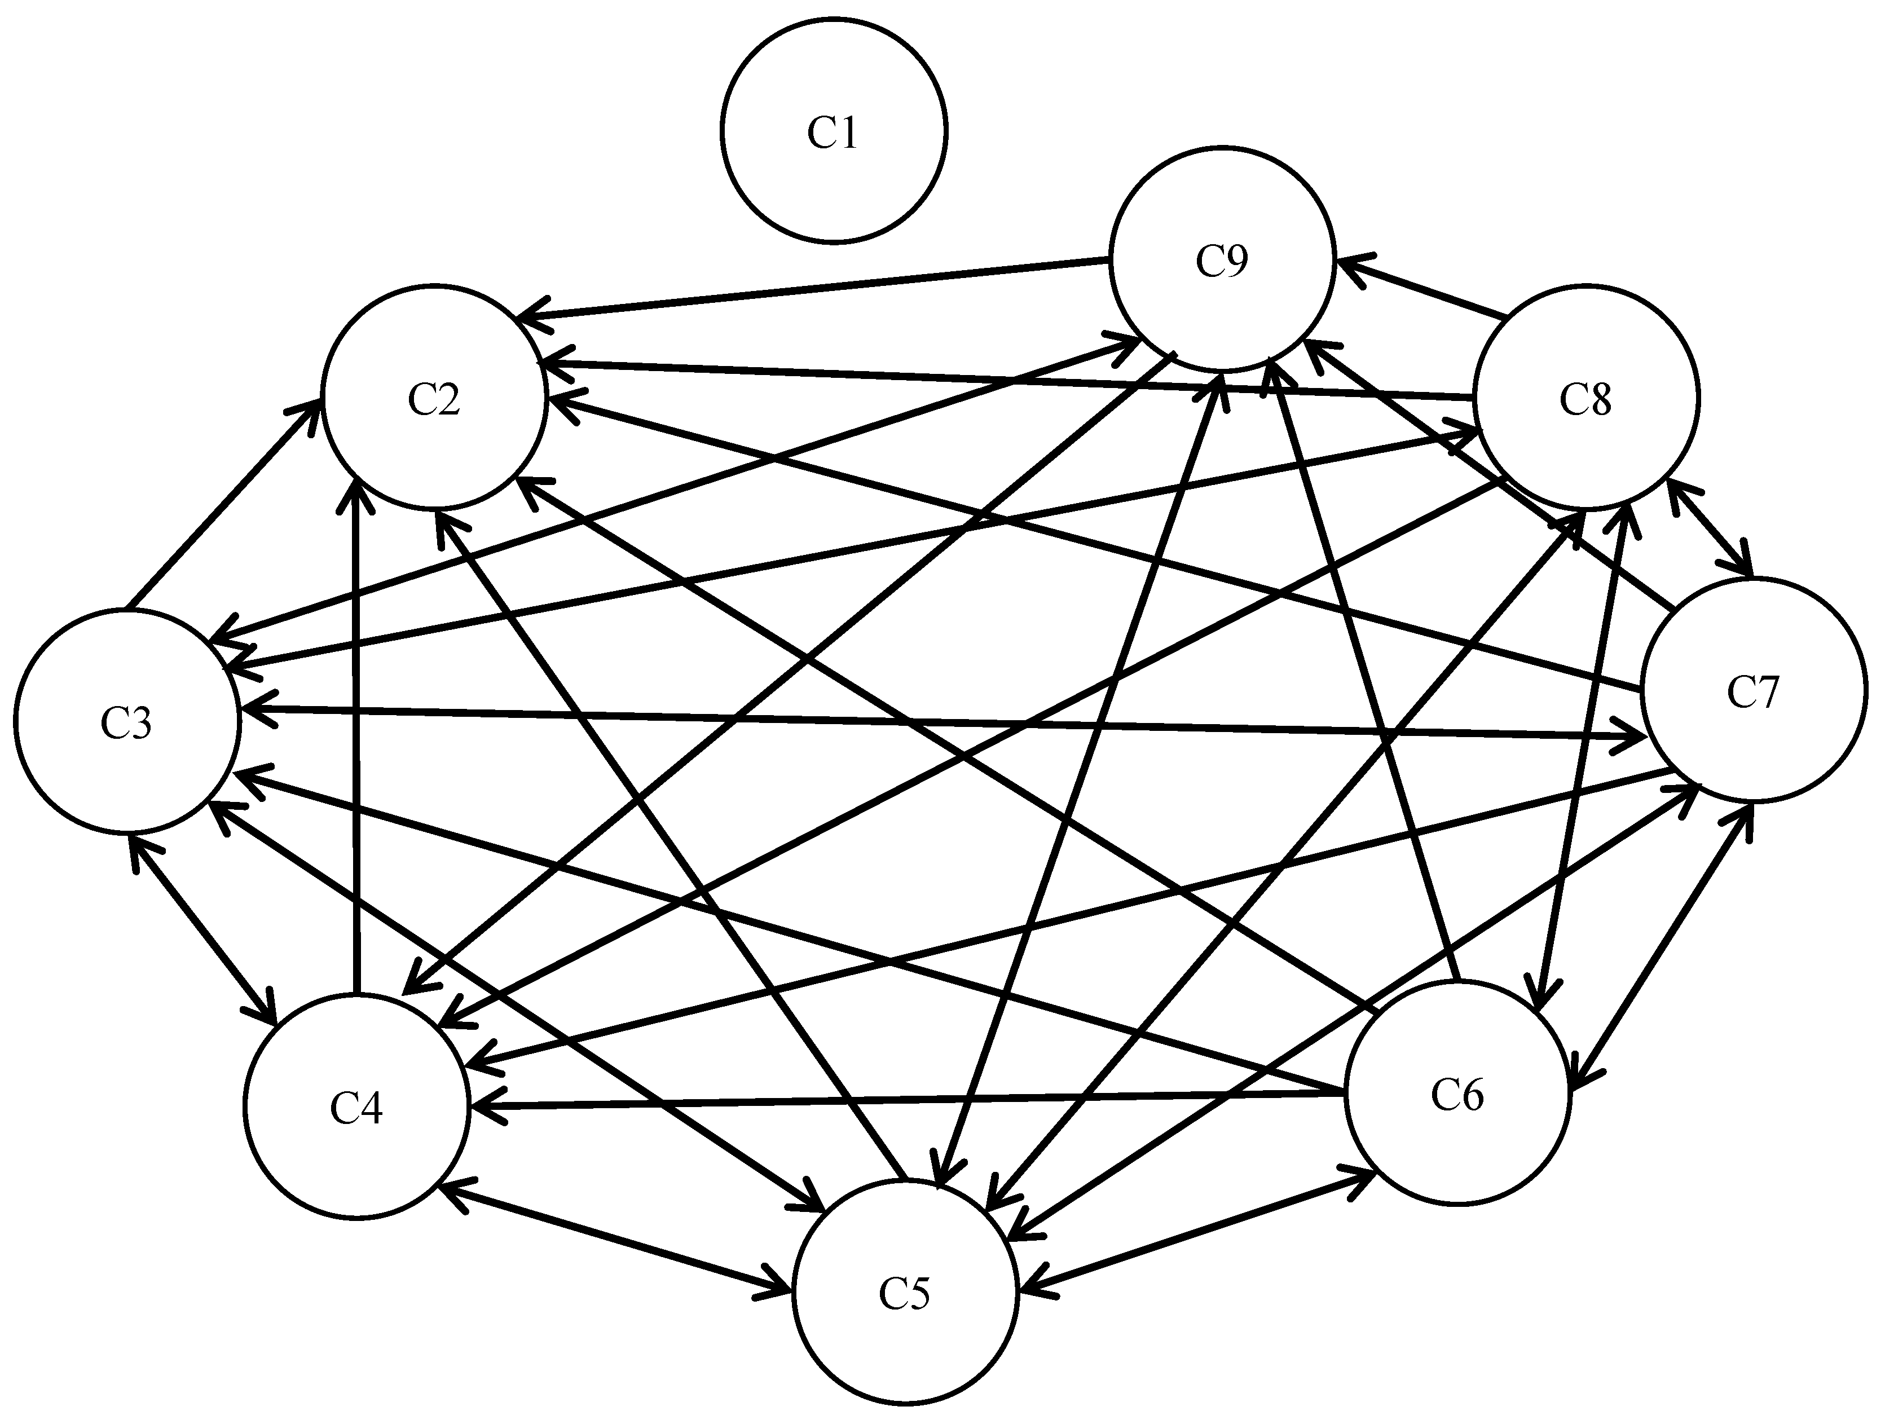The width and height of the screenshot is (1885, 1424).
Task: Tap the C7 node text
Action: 1753,691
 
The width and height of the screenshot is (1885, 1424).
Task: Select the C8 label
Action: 1586,399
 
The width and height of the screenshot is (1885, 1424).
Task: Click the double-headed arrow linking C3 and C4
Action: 203,929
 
